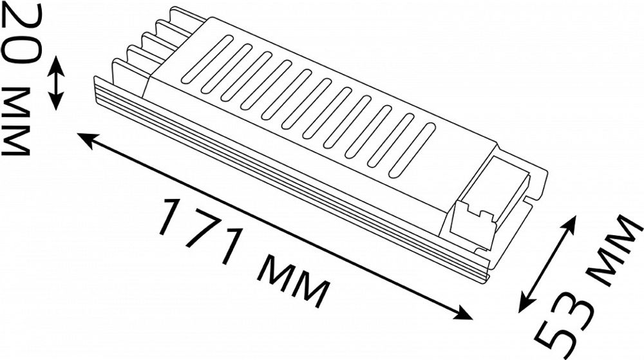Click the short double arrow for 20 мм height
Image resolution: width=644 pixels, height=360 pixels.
tap(57, 82)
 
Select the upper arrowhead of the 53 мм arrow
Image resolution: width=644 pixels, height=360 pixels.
tap(571, 223)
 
